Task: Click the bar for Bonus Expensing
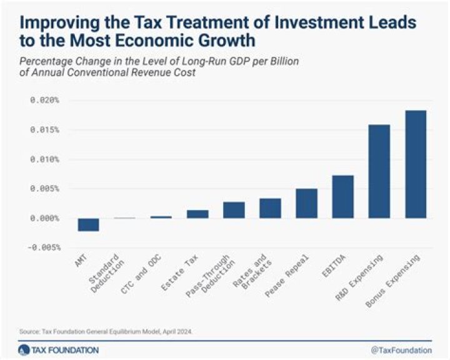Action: click(416, 164)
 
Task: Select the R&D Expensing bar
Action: click(379, 171)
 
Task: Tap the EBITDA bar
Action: click(342, 197)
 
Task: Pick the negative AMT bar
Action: click(88, 225)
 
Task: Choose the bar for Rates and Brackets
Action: click(270, 208)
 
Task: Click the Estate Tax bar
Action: click(197, 214)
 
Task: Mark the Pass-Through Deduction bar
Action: click(234, 210)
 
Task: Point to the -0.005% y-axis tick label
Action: click(42, 247)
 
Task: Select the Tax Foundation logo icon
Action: click(24, 349)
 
